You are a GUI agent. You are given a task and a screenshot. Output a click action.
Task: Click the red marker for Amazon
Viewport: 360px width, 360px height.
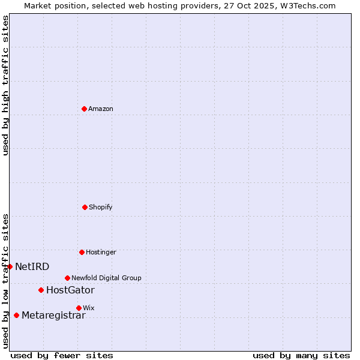(84, 109)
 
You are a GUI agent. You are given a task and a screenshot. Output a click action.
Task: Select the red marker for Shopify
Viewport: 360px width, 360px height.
(85, 207)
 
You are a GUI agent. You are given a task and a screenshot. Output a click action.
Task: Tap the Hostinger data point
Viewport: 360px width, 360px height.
(82, 252)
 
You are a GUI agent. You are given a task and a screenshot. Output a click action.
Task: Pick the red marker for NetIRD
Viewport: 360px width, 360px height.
(10, 266)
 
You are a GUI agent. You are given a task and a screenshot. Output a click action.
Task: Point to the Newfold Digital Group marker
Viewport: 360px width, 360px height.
(67, 278)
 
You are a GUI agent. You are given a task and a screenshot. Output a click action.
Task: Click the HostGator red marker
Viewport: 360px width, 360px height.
(41, 290)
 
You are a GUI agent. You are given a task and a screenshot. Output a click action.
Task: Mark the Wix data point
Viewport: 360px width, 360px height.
(79, 308)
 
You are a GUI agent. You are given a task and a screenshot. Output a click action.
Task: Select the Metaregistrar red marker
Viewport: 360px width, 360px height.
(16, 315)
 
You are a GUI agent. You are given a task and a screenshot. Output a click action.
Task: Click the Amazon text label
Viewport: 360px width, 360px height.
(101, 109)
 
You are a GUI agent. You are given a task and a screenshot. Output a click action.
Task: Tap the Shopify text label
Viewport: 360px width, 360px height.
(101, 207)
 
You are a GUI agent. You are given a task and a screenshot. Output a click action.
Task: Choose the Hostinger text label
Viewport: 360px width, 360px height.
(101, 252)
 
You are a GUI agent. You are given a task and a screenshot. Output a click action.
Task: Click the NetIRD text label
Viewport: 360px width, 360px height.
(32, 266)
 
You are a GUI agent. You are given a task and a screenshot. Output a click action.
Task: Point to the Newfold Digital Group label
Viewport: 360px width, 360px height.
(106, 278)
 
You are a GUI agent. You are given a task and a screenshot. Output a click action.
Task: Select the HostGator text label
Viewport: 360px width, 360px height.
(70, 290)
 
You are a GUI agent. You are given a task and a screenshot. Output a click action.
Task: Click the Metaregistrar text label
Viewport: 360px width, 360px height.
(53, 316)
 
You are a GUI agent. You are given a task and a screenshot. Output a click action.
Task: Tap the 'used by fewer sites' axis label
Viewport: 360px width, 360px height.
(62, 355)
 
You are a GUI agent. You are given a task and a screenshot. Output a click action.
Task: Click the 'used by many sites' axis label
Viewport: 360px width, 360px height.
(301, 355)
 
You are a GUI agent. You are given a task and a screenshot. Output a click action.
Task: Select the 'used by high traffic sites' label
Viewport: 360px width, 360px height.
(5, 85)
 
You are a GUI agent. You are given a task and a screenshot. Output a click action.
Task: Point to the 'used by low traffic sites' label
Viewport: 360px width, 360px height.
(5, 281)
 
